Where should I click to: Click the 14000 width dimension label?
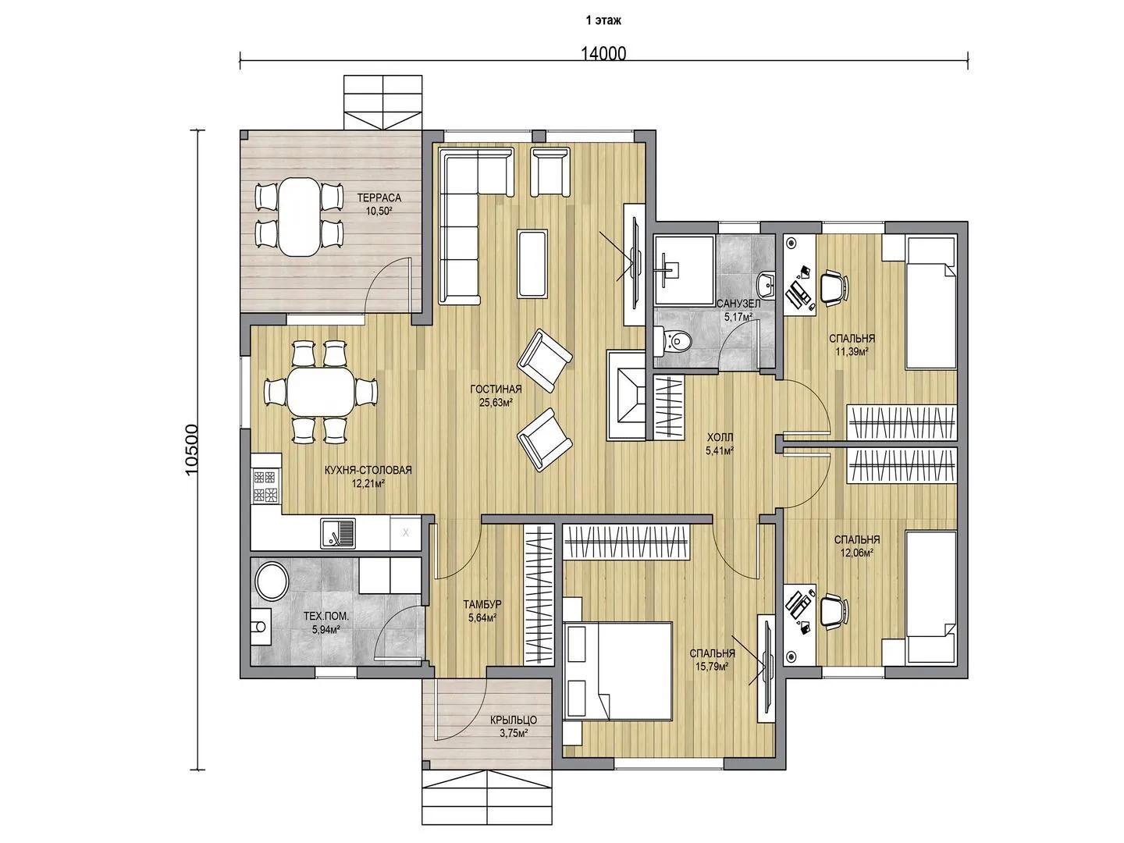click(x=603, y=54)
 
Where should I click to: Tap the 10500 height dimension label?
click(x=192, y=450)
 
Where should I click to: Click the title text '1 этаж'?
click(x=603, y=20)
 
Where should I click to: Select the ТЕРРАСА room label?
click(x=379, y=197)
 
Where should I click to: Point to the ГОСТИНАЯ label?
click(x=496, y=389)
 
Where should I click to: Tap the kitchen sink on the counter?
click(x=338, y=533)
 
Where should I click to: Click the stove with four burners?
click(x=265, y=486)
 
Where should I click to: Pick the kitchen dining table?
click(x=321, y=392)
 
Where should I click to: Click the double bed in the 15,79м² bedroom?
click(x=617, y=671)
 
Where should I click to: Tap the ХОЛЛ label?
click(x=720, y=437)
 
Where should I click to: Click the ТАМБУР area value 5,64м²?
click(x=482, y=617)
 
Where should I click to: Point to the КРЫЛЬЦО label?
click(x=514, y=720)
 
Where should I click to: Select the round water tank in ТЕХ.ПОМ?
click(x=272, y=582)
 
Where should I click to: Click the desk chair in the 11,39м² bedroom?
click(x=834, y=287)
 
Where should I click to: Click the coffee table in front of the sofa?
click(x=532, y=263)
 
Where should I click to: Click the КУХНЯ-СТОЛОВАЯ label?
click(x=368, y=471)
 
